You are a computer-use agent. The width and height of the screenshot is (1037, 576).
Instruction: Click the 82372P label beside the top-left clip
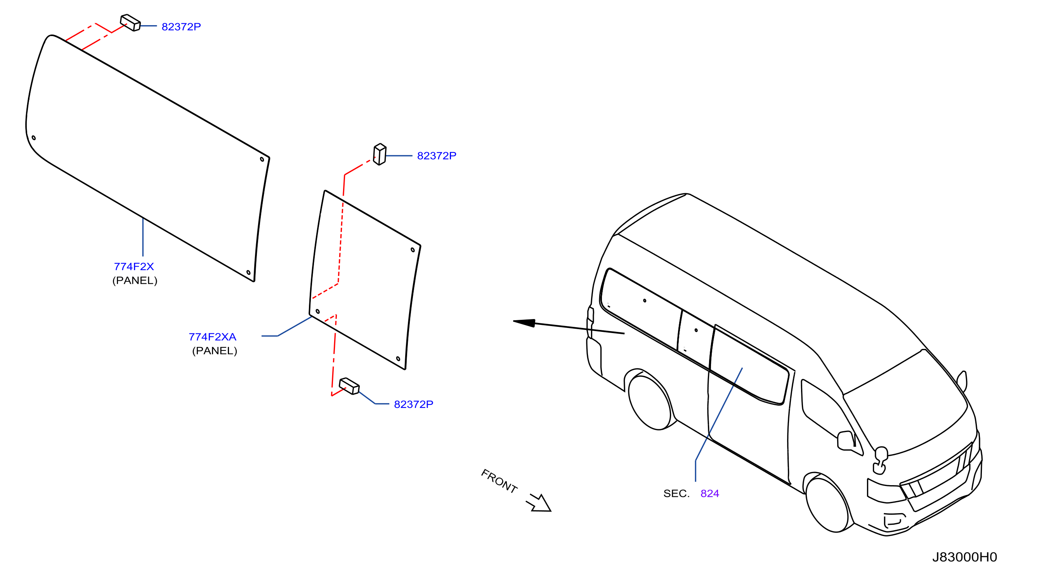(x=181, y=26)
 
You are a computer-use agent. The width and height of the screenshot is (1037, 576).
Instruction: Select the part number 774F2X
(x=134, y=267)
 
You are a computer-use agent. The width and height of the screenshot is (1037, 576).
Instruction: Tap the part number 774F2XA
(x=212, y=337)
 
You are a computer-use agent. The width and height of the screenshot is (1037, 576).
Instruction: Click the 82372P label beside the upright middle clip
(x=436, y=156)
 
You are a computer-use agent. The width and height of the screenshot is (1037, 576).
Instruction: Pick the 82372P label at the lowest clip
(x=413, y=404)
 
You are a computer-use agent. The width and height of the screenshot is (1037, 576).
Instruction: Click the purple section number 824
(x=710, y=493)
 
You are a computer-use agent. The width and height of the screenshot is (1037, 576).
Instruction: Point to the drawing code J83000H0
(x=964, y=557)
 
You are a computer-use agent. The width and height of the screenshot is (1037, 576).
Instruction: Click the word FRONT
(x=499, y=481)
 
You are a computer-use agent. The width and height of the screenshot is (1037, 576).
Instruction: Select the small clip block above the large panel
(x=130, y=23)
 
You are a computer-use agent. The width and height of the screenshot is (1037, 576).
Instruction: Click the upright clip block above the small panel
(x=380, y=154)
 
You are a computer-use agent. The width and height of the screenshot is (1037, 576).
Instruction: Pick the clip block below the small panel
(x=349, y=386)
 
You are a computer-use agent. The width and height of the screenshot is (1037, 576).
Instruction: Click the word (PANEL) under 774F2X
(x=135, y=281)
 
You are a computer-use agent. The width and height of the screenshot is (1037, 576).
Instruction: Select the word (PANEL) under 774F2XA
(x=215, y=351)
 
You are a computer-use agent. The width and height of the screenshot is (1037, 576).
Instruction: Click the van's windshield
(x=906, y=403)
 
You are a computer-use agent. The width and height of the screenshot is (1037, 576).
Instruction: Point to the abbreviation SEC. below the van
(x=676, y=493)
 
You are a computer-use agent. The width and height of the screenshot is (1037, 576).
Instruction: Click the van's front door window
(x=829, y=415)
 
